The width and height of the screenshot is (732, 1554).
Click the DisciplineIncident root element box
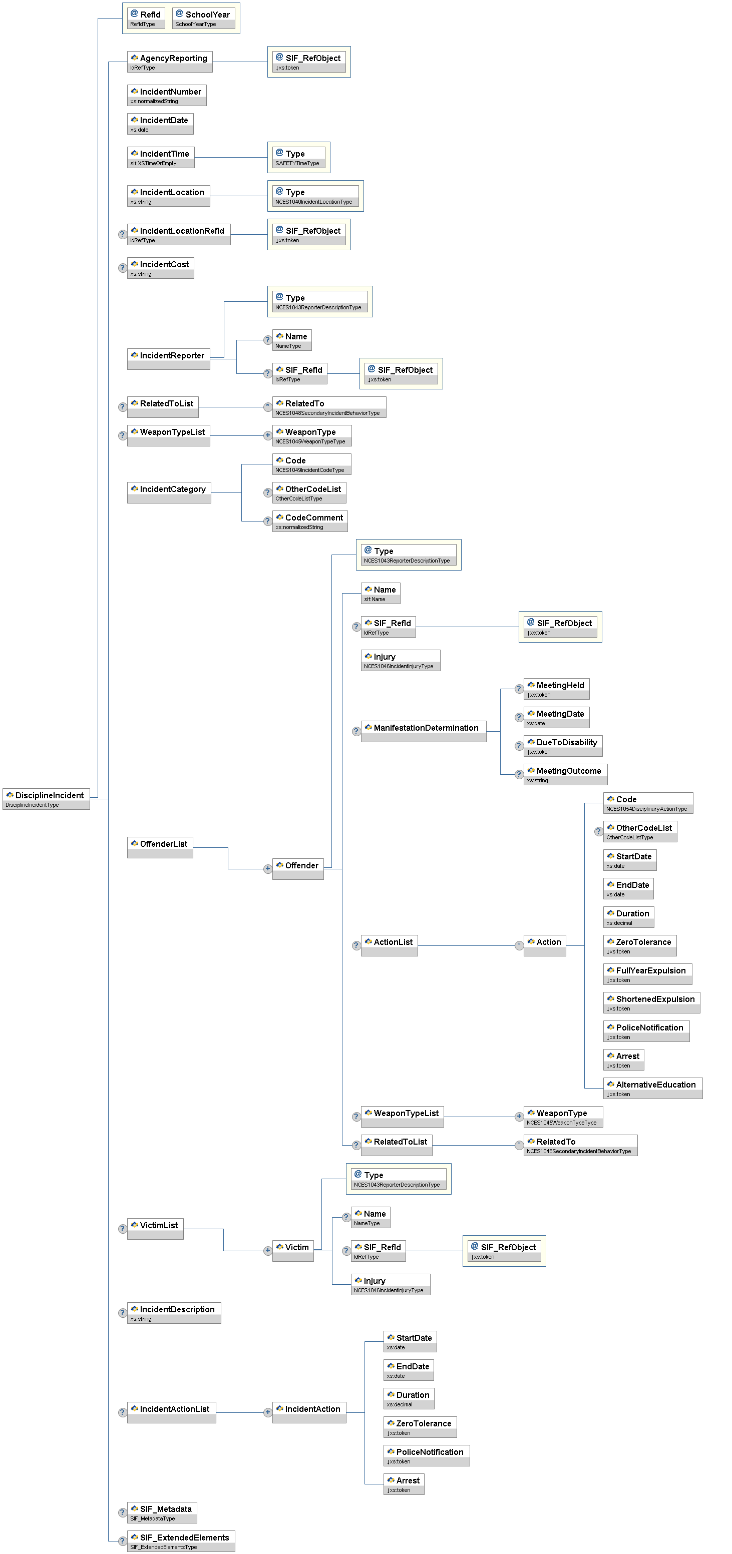(x=47, y=798)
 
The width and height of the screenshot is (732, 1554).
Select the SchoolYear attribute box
(x=203, y=18)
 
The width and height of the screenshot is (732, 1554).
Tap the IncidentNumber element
(x=167, y=95)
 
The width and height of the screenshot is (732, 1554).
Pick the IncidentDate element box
(x=160, y=124)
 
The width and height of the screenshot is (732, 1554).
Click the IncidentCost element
(x=161, y=268)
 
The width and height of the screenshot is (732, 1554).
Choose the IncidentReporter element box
(x=168, y=358)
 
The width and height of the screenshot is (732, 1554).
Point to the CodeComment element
(x=309, y=521)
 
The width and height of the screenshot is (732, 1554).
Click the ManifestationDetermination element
(x=423, y=731)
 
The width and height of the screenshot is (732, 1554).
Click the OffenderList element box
(x=160, y=847)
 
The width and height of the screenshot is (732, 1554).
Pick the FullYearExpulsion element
(x=647, y=973)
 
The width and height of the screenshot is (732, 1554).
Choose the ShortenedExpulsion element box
(x=652, y=1002)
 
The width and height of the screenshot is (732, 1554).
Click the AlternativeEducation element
(x=652, y=1088)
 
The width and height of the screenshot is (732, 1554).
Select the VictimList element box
(x=155, y=1228)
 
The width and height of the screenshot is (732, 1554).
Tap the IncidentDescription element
(x=174, y=1312)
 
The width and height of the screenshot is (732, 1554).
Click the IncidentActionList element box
(x=171, y=1412)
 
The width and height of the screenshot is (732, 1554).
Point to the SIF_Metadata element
(x=162, y=1512)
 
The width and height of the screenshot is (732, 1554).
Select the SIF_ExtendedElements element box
(x=180, y=1540)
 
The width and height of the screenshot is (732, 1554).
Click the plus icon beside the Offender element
(x=267, y=869)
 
